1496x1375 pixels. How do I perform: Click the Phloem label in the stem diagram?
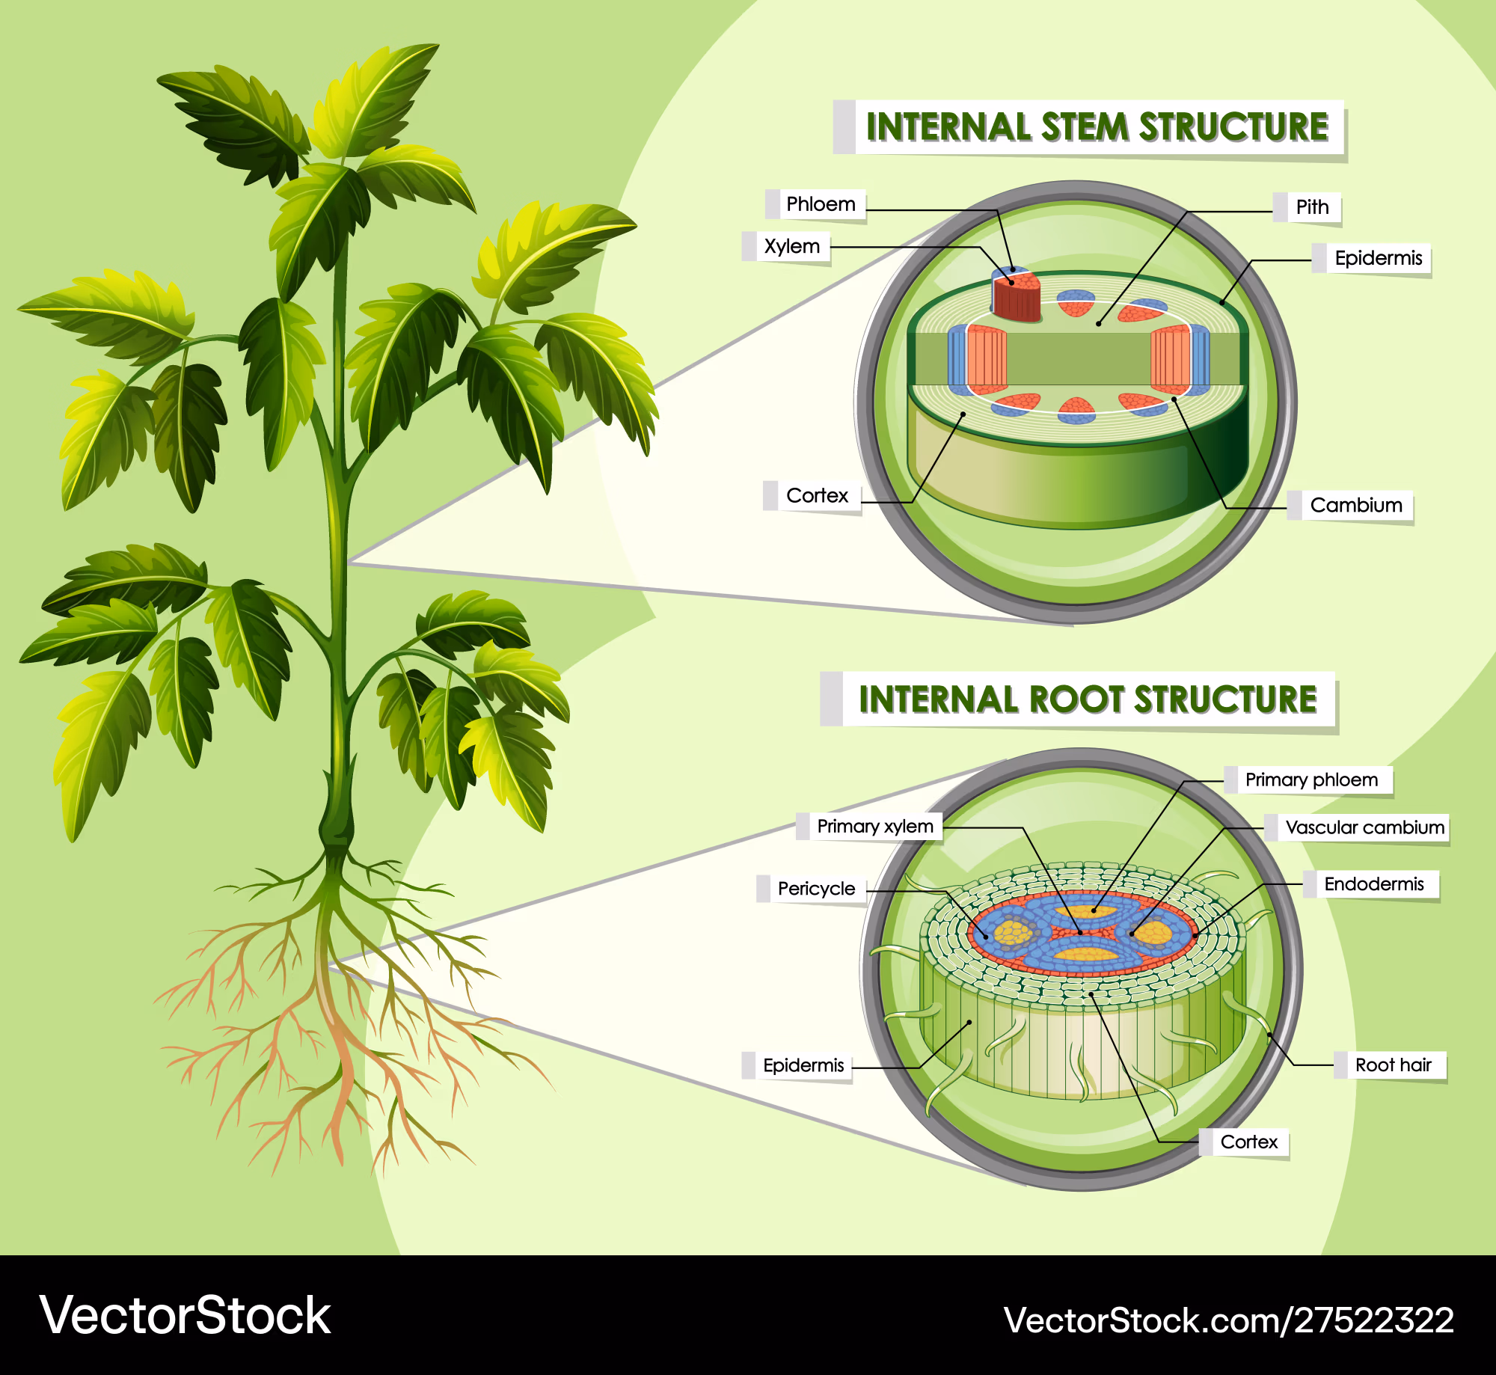[x=821, y=204]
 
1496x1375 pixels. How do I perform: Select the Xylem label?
[x=791, y=246]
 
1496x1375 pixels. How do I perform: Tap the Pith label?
[x=1312, y=207]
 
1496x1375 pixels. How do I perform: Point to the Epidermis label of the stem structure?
[x=1378, y=258]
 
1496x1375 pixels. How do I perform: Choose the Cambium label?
[x=1355, y=505]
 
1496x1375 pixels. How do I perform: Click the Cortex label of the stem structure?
[x=817, y=495]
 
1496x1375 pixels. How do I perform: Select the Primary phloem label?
[x=1310, y=780]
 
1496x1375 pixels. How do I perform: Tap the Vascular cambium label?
[x=1364, y=827]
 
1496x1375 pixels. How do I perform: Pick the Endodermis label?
[x=1373, y=884]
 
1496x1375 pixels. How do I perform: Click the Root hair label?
[x=1393, y=1065]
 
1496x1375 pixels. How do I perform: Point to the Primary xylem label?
[x=874, y=826]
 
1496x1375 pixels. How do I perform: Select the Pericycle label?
[x=816, y=889]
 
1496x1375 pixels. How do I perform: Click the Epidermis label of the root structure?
[x=803, y=1065]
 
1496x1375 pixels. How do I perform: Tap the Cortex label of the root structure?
[x=1248, y=1142]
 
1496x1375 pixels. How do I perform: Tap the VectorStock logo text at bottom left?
[x=185, y=1315]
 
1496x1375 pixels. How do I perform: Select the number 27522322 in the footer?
[x=1374, y=1320]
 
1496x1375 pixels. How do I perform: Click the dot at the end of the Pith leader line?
[x=1099, y=323]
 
